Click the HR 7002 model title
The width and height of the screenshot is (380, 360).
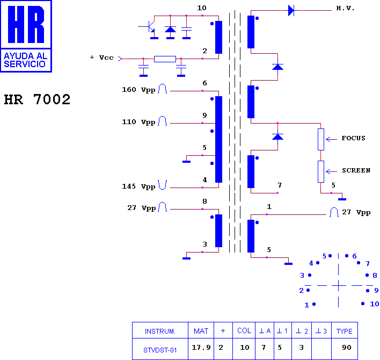tap(37, 99)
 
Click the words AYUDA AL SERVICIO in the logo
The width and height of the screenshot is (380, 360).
tap(25, 60)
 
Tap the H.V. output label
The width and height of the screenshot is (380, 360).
tap(345, 8)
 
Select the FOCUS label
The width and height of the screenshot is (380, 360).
tap(353, 138)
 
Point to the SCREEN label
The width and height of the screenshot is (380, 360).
tap(356, 170)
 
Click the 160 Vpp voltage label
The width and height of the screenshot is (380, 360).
tap(138, 90)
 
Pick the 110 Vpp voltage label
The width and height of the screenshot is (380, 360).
tap(138, 122)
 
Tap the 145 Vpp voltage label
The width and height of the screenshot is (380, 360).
tap(138, 186)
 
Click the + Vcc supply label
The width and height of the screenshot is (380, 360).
tap(102, 57)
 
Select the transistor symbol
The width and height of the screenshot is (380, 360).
tap(150, 27)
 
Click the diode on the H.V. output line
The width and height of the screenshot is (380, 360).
tap(291, 10)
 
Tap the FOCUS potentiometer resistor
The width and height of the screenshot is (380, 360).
tap(321, 140)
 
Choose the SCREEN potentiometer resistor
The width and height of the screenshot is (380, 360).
tap(321, 171)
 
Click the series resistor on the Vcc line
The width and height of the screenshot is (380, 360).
tap(165, 59)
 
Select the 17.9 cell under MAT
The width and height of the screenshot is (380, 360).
tap(201, 348)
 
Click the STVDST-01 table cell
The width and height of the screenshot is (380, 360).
tap(160, 350)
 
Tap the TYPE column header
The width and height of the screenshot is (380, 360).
tap(345, 331)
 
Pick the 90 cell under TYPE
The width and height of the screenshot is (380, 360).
tap(347, 348)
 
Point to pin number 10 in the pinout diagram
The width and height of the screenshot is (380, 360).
tap(374, 304)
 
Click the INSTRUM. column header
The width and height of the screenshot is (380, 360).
tap(160, 331)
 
